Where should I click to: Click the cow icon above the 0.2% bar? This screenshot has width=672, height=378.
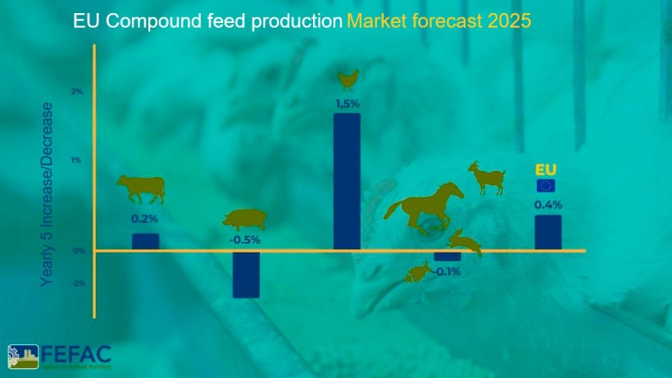pyautogui.click(x=140, y=189)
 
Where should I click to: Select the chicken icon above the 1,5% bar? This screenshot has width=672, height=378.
pyautogui.click(x=348, y=79)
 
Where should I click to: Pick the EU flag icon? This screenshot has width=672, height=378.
pyautogui.click(x=545, y=185)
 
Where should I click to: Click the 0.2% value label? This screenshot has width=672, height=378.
pyautogui.click(x=144, y=219)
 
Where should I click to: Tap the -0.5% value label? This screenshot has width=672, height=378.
pyautogui.click(x=245, y=239)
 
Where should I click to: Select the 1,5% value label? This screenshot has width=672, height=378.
pyautogui.click(x=347, y=103)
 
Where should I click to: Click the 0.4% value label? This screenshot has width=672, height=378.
pyautogui.click(x=548, y=204)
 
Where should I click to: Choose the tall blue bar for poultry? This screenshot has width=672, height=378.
pyautogui.click(x=347, y=180)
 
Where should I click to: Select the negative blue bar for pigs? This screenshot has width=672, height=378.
pyautogui.click(x=246, y=274)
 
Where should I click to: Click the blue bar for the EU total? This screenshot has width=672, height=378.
pyautogui.click(x=547, y=232)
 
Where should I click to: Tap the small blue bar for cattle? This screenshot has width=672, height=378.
pyautogui.click(x=145, y=241)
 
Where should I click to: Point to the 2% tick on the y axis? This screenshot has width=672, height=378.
pyautogui.click(x=77, y=92)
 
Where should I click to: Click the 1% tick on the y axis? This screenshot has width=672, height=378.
pyautogui.click(x=77, y=161)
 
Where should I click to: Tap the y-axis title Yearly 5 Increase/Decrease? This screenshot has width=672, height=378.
pyautogui.click(x=48, y=194)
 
